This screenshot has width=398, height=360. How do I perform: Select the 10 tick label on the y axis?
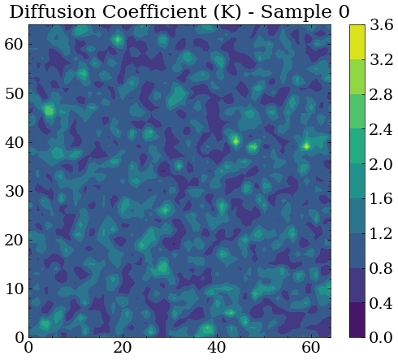pyautogui.click(x=14, y=288)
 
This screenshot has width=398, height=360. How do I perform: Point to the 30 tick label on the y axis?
pyautogui.click(x=14, y=191)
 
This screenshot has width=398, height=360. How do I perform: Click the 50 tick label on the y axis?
pyautogui.click(x=14, y=93)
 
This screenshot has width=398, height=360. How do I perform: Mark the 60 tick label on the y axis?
pyautogui.click(x=14, y=45)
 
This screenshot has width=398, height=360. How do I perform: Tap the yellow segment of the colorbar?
pyautogui.click(x=358, y=41)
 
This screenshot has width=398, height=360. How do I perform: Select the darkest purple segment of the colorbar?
pyautogui.click(x=358, y=319)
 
